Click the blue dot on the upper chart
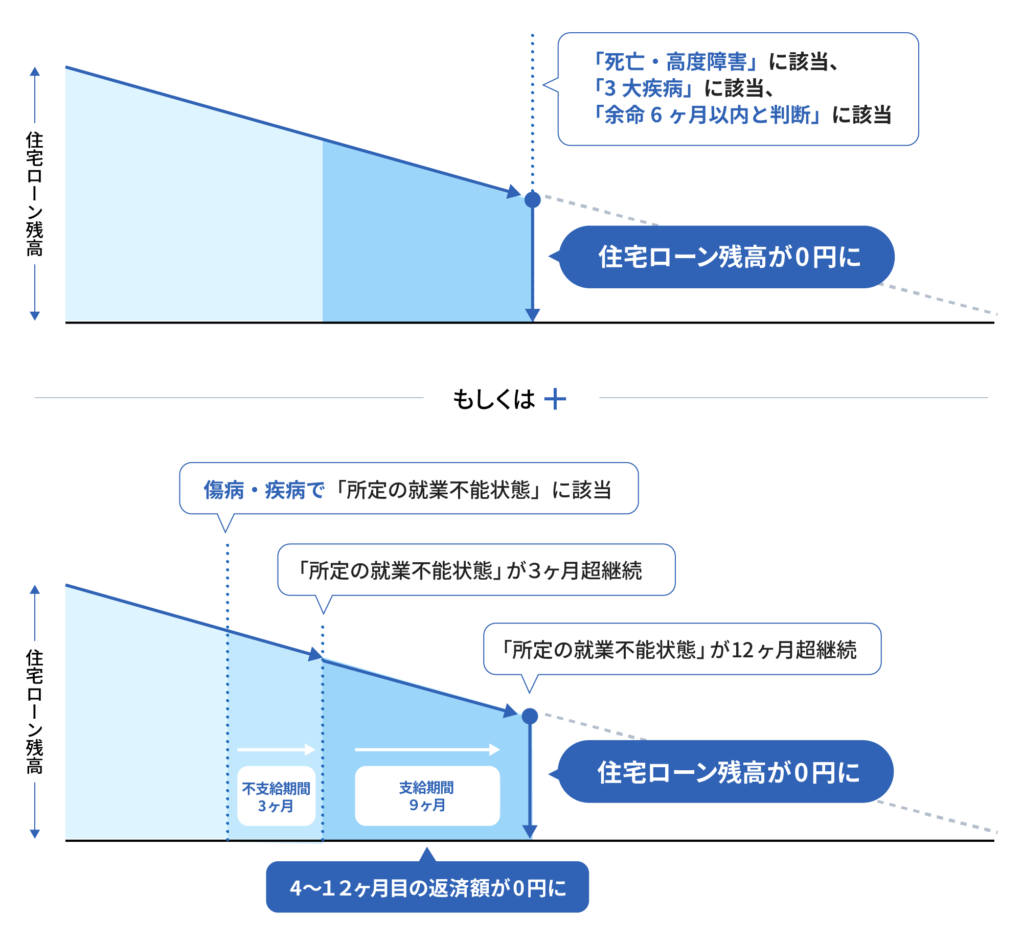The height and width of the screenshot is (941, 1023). (x=532, y=199)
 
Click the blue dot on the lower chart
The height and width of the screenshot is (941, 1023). (x=530, y=716)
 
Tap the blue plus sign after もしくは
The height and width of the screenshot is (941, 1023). (x=555, y=399)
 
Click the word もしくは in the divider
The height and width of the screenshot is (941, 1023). (x=493, y=399)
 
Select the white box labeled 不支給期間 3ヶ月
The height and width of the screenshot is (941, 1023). (x=276, y=796)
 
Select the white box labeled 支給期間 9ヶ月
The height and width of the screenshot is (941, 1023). (x=427, y=795)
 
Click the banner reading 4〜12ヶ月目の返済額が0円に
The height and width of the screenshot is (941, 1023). (x=427, y=888)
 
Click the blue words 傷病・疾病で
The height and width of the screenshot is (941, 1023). (x=264, y=490)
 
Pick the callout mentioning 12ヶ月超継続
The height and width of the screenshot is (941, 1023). (x=682, y=649)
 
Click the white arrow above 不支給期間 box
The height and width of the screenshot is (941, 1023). (x=276, y=749)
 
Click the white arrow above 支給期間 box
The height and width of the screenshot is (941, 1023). (x=427, y=749)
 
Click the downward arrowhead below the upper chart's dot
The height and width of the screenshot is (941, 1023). (x=532, y=315)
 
